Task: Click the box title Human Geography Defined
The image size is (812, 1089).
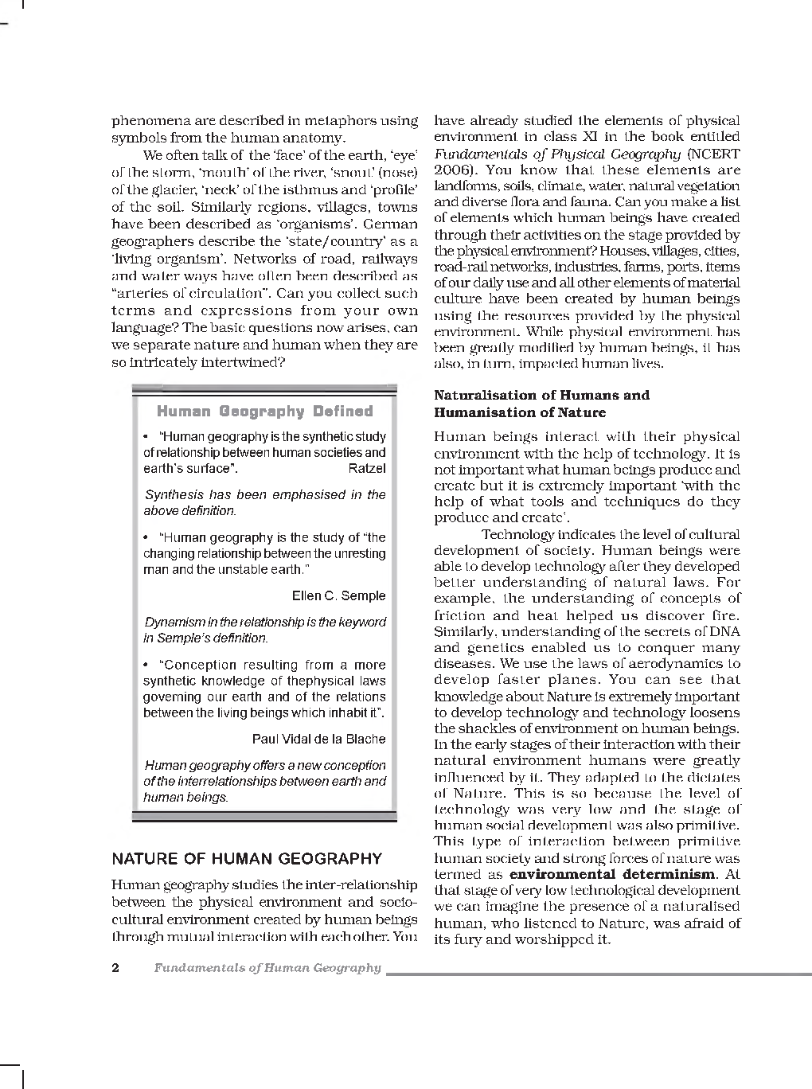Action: click(x=264, y=412)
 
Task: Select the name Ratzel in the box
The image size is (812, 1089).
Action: click(x=366, y=468)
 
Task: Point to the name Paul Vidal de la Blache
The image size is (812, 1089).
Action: click(x=318, y=739)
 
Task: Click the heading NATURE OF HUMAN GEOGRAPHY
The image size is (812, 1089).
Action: click(x=247, y=859)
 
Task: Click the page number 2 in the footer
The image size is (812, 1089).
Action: click(x=115, y=968)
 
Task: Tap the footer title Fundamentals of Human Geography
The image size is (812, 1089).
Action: click(x=267, y=968)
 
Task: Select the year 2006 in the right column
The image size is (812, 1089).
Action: click(x=451, y=170)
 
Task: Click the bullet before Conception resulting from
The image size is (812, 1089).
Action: click(x=146, y=665)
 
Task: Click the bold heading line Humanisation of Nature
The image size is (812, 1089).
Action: click(x=519, y=412)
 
